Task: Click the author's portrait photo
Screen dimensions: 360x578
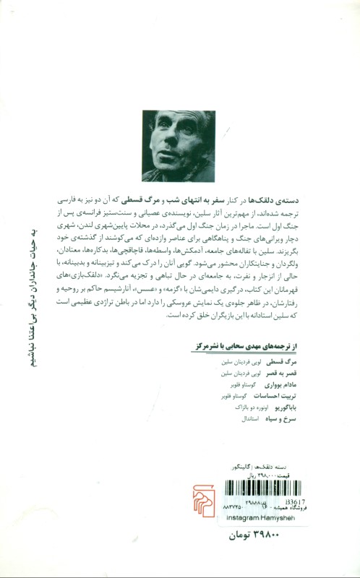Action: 179,145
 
